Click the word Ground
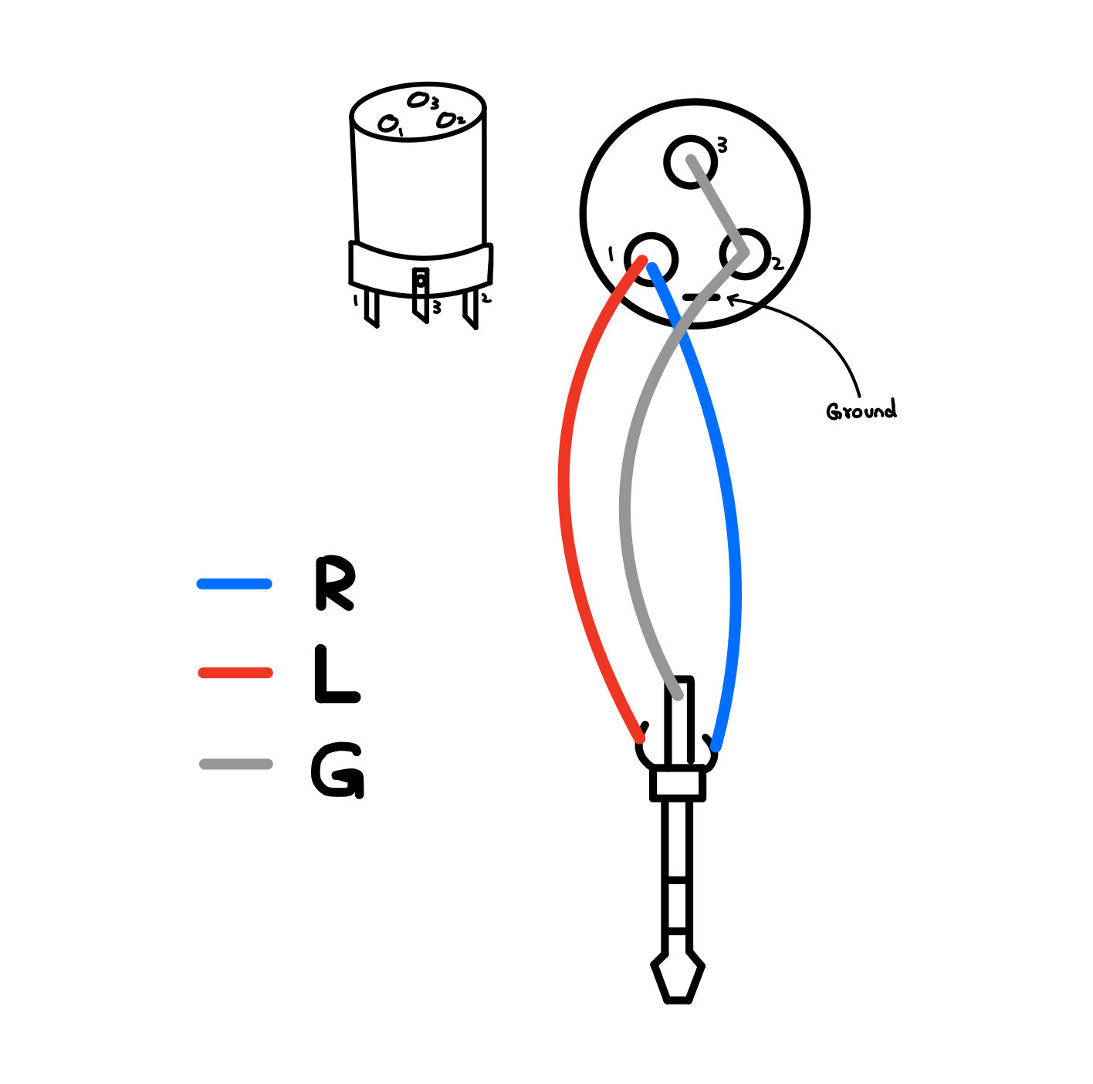861,410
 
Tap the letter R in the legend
335,583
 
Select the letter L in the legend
336,674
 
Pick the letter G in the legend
337,770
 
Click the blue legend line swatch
235,584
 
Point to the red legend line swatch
235,673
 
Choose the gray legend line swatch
235,764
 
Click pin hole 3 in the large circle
689,161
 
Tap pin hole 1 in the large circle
651,258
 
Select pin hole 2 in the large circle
746,253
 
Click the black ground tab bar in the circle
701,297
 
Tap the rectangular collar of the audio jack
678,783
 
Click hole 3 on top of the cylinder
418,100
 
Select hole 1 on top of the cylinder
387,123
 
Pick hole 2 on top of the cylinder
446,120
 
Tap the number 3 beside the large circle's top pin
722,144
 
